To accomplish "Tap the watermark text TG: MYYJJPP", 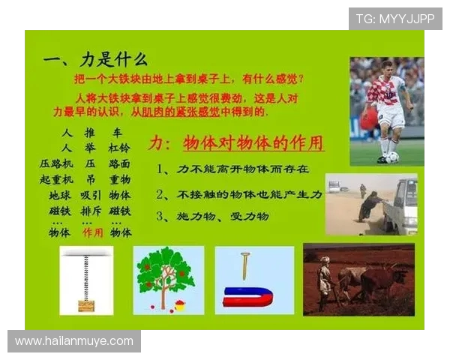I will tap(394, 19).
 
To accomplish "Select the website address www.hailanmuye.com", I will tap(74, 341).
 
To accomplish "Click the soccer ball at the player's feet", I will tap(392, 157).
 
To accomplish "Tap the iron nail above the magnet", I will tap(244, 265).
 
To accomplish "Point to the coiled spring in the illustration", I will tap(87, 277).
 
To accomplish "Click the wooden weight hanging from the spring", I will tap(87, 305).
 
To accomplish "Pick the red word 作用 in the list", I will tap(93, 232).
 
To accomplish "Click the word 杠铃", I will tap(119, 148).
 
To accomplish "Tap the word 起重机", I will tap(56, 180).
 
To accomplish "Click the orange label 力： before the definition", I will tap(160, 142).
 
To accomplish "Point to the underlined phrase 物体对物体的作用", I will tap(253, 142).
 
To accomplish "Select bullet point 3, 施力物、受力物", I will tap(213, 216).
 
